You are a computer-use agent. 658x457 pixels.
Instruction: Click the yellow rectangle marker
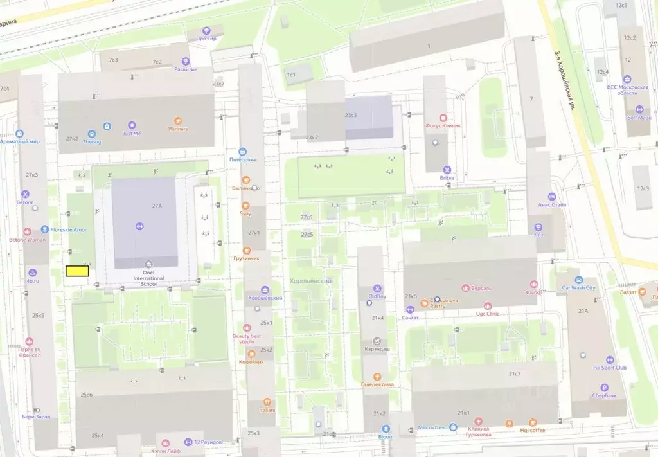pyautogui.click(x=77, y=271)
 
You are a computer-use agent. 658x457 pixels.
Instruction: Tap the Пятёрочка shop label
pyautogui.click(x=243, y=159)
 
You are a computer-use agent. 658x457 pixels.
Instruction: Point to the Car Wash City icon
pyautogui.click(x=578, y=280)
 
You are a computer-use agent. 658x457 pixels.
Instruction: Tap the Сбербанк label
pyautogui.click(x=604, y=395)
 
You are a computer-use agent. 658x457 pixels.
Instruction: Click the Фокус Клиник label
pyautogui.click(x=443, y=126)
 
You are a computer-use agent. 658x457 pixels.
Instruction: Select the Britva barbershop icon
pyautogui.click(x=447, y=170)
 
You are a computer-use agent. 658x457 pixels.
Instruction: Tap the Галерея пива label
pyautogui.click(x=377, y=384)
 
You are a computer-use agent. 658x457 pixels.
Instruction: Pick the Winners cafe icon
pyautogui.click(x=178, y=121)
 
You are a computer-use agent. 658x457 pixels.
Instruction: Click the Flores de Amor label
pyautogui.click(x=67, y=229)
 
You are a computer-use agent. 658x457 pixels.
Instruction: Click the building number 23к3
pyautogui.click(x=351, y=115)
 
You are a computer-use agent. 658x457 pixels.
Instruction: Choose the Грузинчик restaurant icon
pyautogui.click(x=246, y=250)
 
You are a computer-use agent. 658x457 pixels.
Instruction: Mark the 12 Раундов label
pyautogui.click(x=202, y=442)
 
